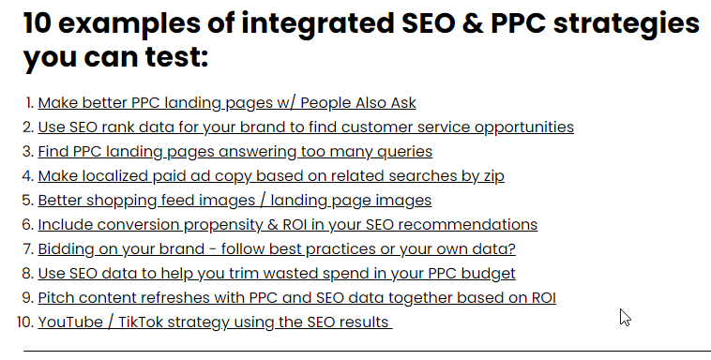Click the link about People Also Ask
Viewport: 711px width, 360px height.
[226, 103]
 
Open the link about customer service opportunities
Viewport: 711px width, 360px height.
[305, 127]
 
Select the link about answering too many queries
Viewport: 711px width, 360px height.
[234, 152]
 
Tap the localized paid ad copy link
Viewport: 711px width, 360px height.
[271, 176]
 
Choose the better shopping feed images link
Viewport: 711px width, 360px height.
[234, 201]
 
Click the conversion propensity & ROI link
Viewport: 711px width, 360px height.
[287, 225]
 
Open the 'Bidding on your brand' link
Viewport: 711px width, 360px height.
[277, 249]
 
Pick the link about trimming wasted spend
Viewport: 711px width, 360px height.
[277, 274]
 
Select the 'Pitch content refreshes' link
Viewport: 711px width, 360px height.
[296, 298]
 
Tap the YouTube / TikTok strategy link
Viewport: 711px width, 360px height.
[213, 322]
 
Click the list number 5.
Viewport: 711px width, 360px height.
[27, 201]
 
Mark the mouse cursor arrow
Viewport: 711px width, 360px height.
[624, 316]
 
